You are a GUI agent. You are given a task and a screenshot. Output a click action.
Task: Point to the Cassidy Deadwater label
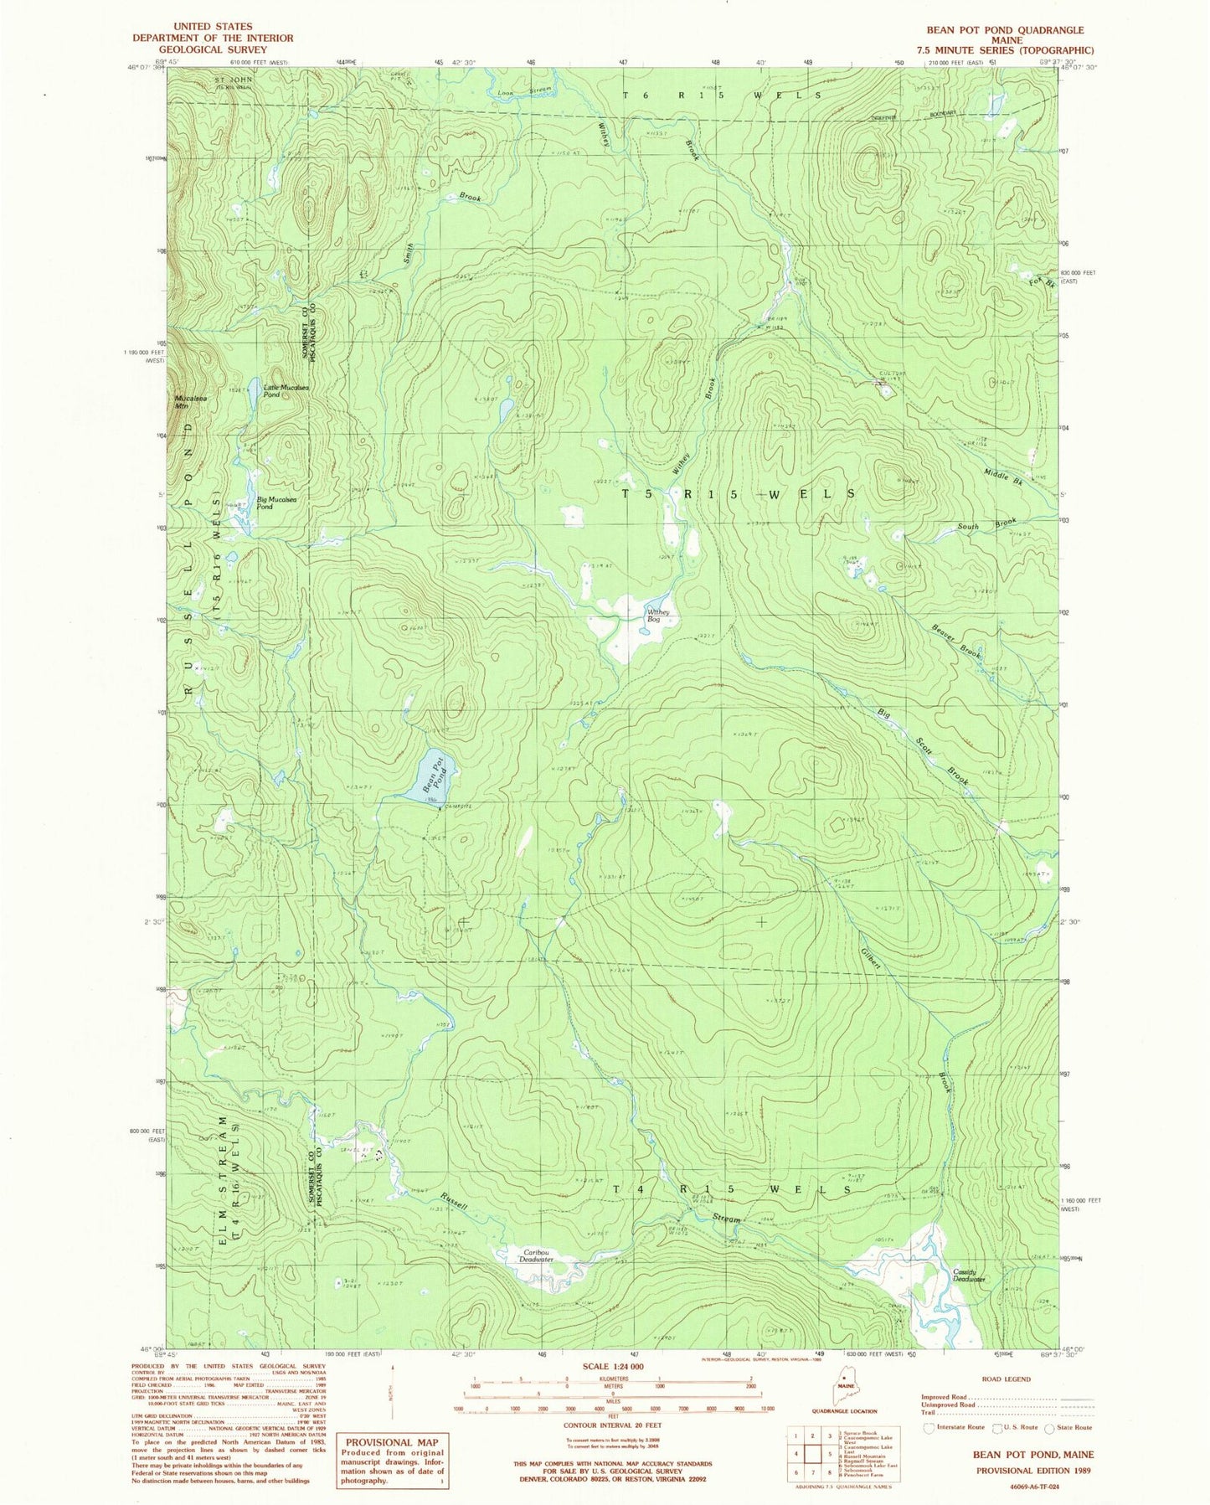point(969,1276)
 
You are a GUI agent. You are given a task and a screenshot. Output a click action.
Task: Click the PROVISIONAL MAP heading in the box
point(392,1442)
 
